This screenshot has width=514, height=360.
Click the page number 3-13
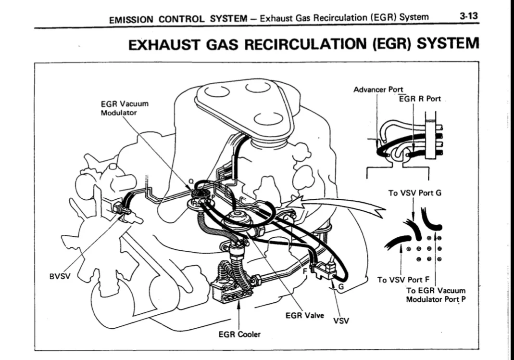tap(469, 16)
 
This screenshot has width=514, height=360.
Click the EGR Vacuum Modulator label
tap(125, 108)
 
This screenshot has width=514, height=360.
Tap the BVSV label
tap(60, 276)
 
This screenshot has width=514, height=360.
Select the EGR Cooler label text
tap(239, 334)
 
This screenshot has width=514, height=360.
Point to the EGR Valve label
tap(304, 315)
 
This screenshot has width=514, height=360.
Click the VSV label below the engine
tap(341, 321)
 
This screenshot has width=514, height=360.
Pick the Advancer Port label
tap(378, 89)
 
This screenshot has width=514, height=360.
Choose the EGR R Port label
tap(420, 99)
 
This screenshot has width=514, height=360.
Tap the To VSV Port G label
tap(414, 193)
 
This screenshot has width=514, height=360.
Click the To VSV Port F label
tap(403, 280)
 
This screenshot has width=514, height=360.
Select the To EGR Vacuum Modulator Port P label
tap(436, 295)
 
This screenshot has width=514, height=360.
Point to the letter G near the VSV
tap(341, 287)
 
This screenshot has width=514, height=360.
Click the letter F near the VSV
tap(304, 272)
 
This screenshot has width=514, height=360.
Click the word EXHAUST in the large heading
tap(163, 44)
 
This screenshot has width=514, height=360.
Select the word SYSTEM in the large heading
tap(448, 43)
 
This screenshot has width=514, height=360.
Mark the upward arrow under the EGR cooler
tap(238, 315)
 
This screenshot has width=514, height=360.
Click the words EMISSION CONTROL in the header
tap(158, 19)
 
